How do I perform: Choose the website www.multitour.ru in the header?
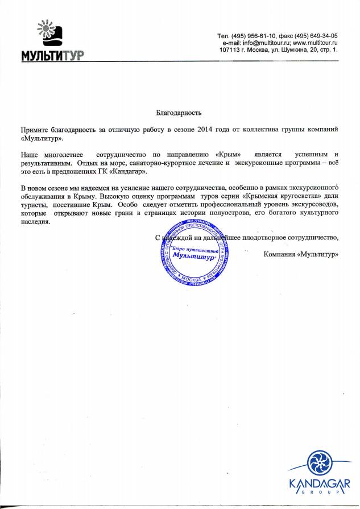click(x=315, y=43)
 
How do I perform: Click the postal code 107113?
click(x=229, y=50)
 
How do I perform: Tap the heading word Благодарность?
click(x=179, y=114)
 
